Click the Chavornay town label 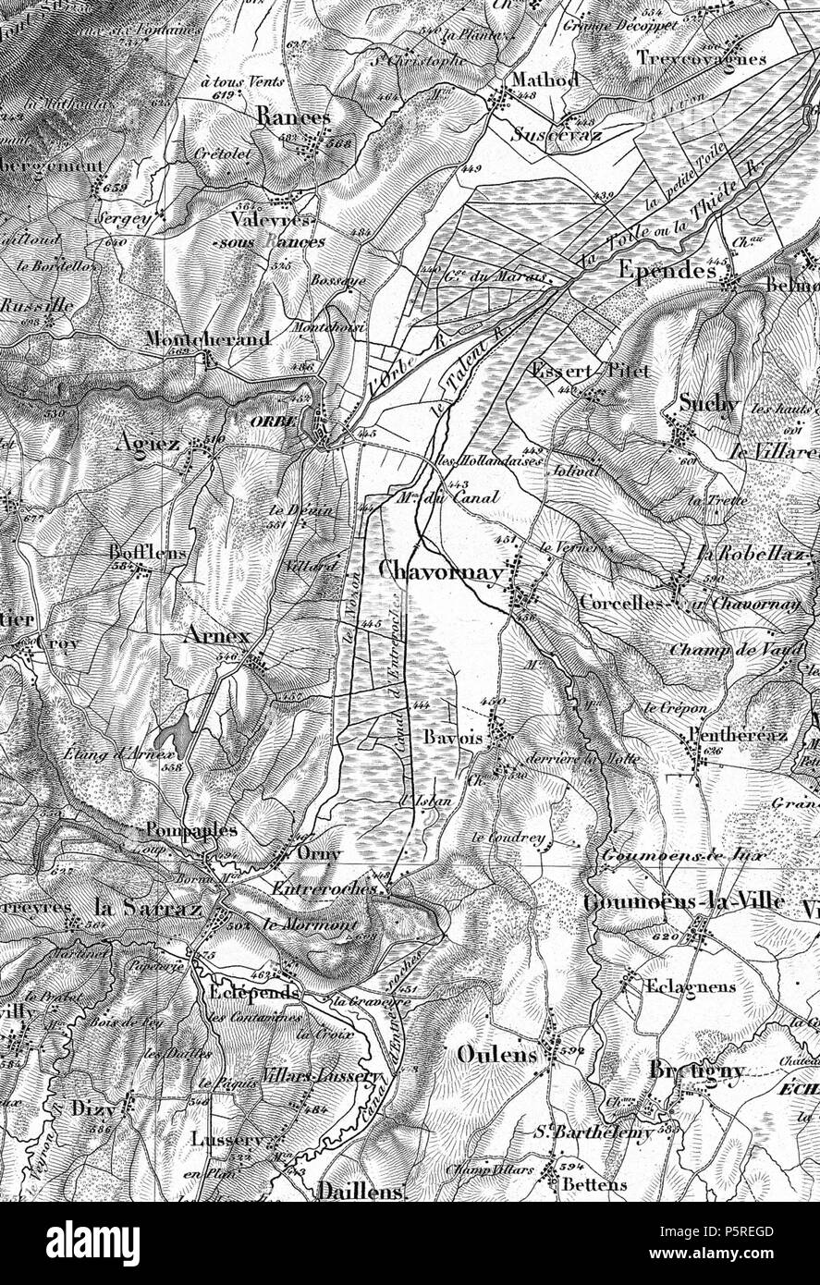click(441, 572)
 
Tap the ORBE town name click(272, 419)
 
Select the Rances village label click(293, 118)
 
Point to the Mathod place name click(545, 80)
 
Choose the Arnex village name click(216, 637)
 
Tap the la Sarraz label click(148, 909)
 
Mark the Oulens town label click(496, 1055)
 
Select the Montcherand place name click(207, 339)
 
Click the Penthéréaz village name click(738, 735)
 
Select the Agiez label click(148, 445)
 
